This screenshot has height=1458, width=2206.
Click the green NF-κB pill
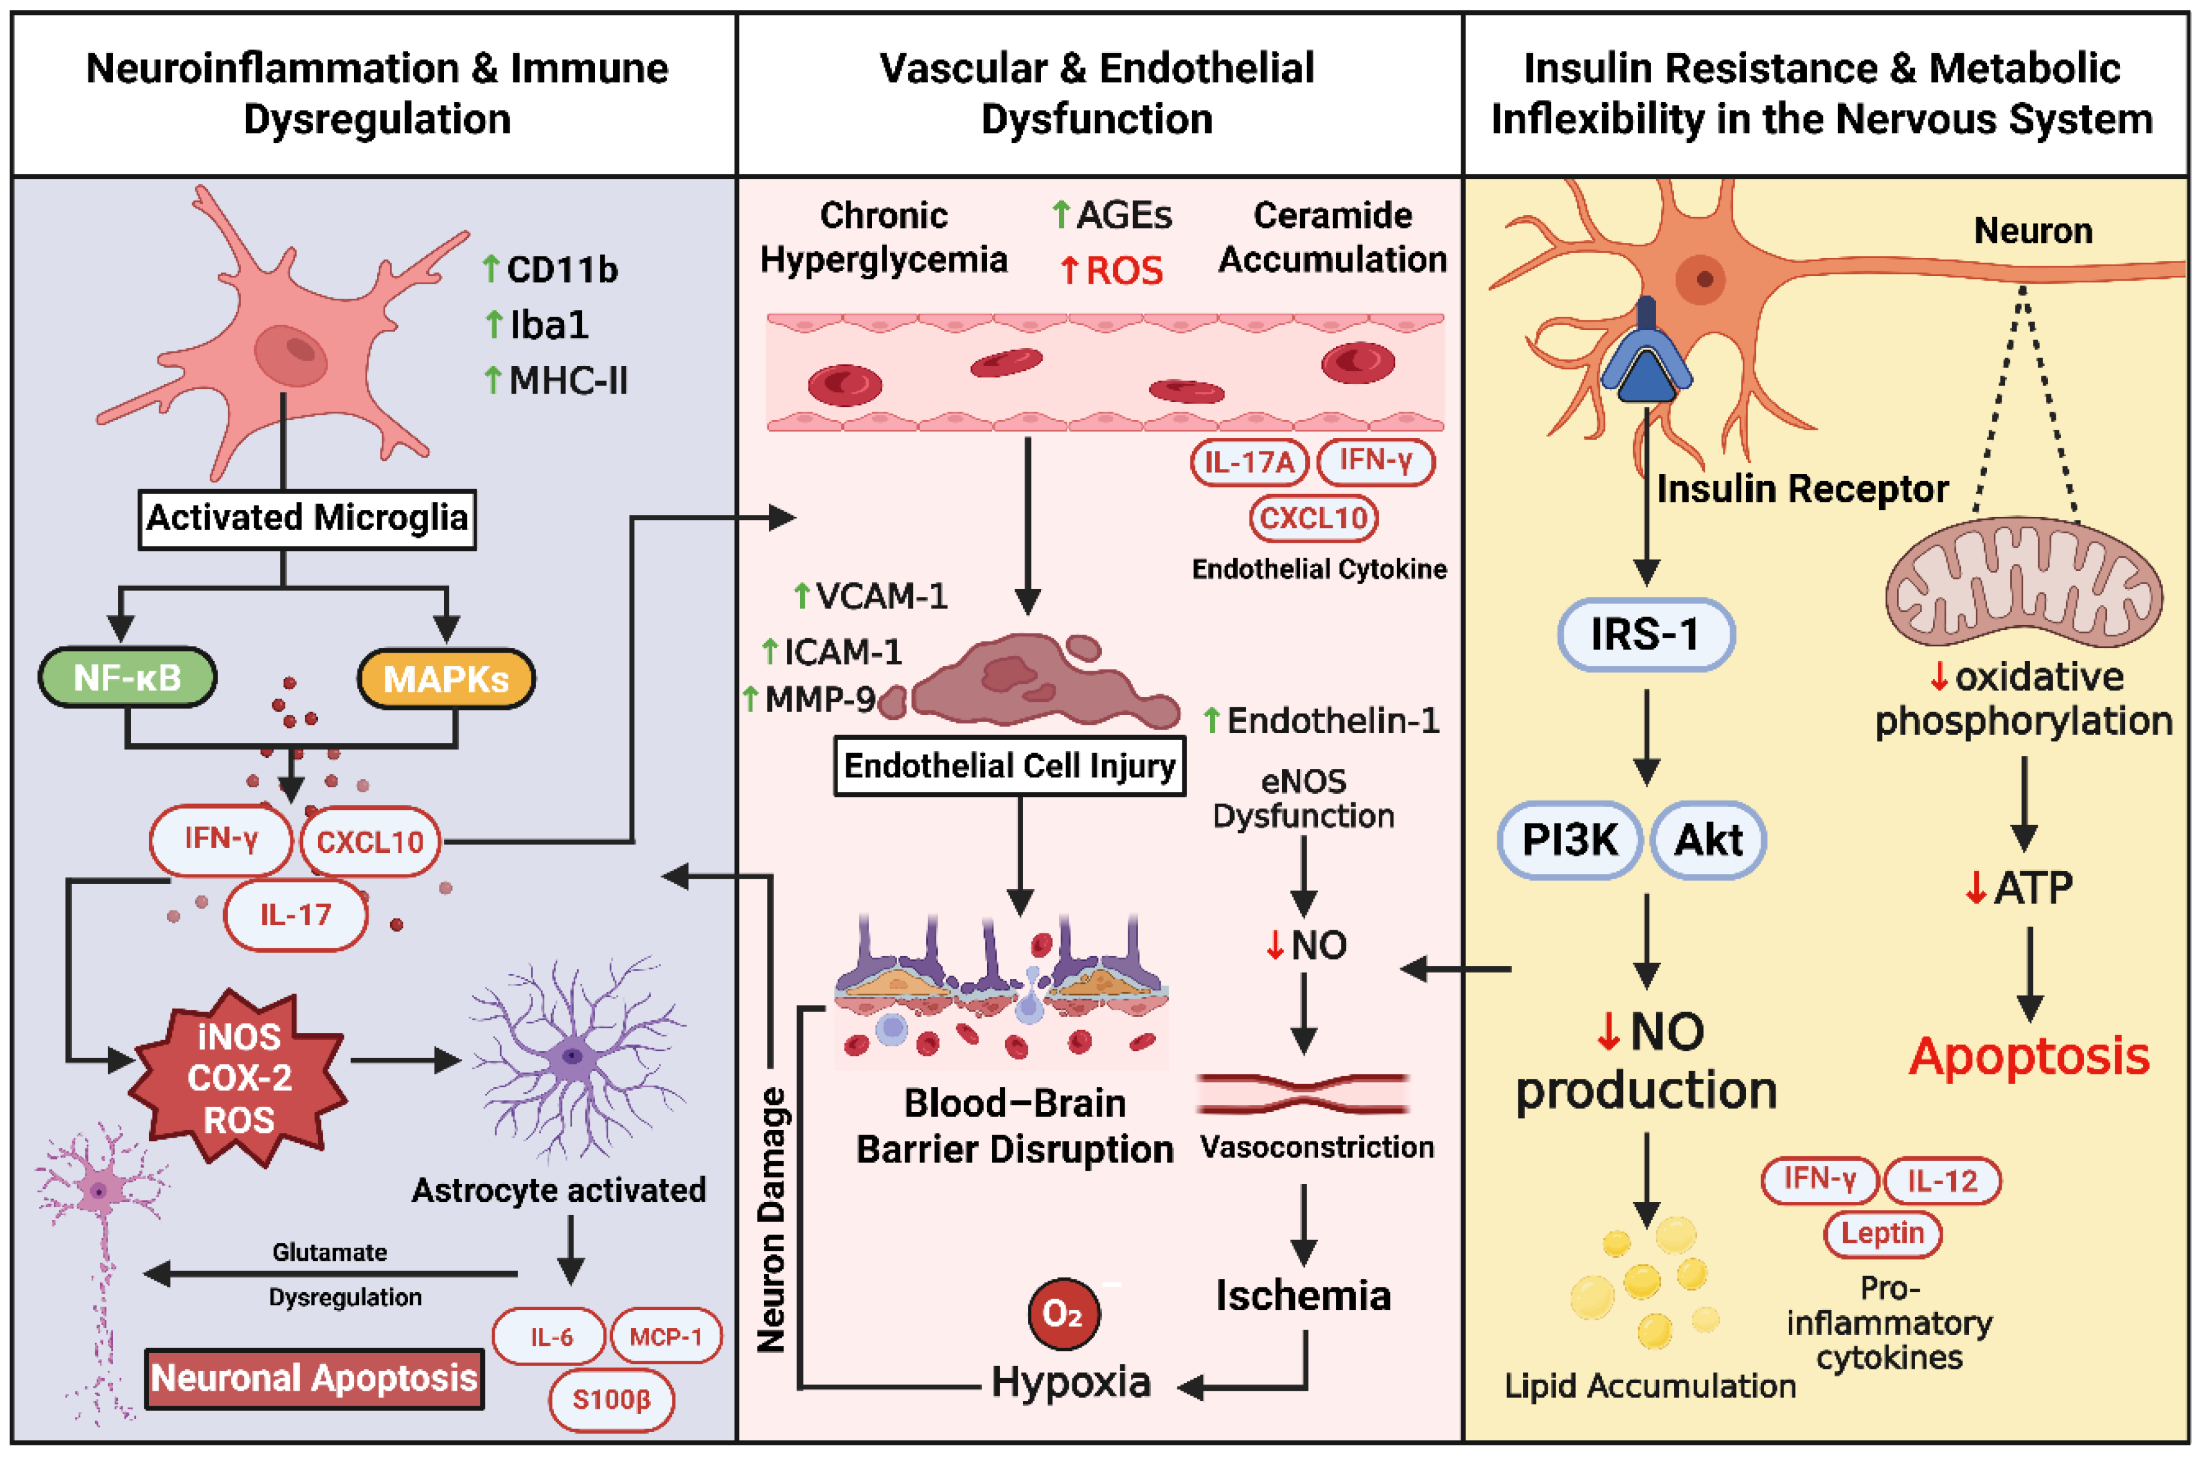(127, 678)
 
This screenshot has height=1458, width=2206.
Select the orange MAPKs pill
(447, 679)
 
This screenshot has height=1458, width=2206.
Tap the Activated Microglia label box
(307, 519)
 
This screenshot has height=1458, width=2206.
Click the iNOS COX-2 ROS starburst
(239, 1079)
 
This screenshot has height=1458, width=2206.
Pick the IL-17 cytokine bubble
(296, 915)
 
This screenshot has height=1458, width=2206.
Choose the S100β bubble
(611, 1400)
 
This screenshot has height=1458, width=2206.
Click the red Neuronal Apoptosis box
(314, 1378)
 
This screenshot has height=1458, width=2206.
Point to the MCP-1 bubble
(665, 1337)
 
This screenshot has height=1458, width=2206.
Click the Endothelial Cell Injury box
(1009, 766)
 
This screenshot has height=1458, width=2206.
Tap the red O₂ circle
(1063, 1314)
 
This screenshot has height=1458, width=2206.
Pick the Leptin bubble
(1883, 1234)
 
